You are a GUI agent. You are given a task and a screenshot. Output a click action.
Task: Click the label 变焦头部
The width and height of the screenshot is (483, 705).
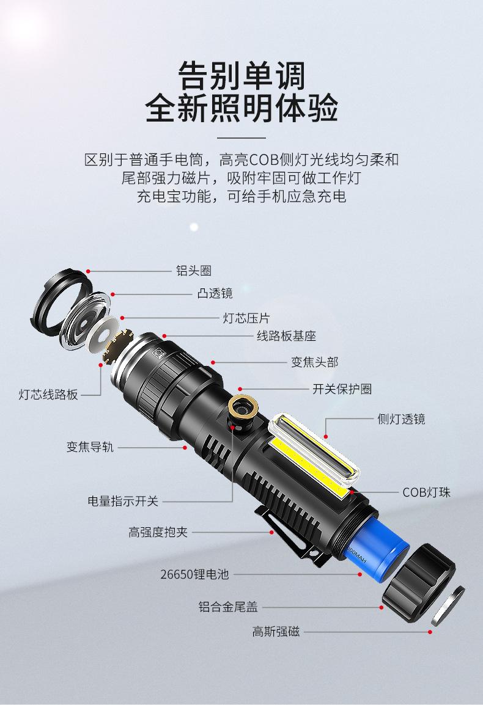314,362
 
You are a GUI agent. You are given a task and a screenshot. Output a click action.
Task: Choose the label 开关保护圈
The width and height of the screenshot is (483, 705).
342,389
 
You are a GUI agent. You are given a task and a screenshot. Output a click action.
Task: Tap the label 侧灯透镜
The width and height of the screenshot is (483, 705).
401,419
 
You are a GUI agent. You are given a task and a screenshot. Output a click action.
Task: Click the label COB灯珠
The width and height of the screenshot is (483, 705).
426,492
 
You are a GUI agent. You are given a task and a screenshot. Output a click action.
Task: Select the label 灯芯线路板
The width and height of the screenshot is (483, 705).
48,395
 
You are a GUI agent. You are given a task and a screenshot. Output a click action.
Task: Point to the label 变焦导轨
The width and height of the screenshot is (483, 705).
90,447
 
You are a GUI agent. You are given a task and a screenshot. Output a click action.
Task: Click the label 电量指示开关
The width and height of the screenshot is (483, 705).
122,502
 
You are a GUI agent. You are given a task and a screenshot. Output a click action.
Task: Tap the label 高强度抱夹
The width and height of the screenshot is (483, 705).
158,532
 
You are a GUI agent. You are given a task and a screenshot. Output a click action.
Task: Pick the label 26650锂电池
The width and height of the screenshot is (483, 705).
194,574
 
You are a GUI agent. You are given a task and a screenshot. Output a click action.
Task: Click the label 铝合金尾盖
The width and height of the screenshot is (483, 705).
227,607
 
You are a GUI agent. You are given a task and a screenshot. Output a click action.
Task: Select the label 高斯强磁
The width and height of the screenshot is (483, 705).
276,632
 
